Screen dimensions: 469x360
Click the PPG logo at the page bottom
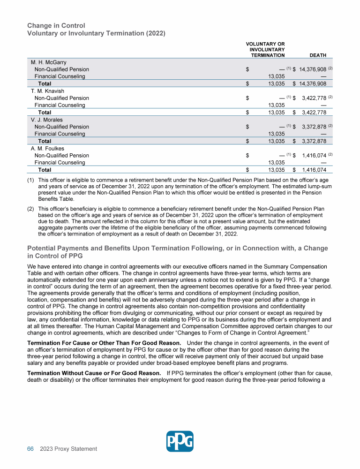180,441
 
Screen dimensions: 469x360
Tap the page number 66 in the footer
30,449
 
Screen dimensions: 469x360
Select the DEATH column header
318,55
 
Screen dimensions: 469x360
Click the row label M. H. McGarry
49,62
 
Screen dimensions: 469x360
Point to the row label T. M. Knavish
47,91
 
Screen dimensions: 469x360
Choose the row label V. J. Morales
47,120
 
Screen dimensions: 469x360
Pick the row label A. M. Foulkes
48,149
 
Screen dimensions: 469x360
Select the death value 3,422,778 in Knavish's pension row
314,98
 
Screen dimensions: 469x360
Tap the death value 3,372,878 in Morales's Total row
314,141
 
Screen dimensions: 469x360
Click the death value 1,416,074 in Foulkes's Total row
314,170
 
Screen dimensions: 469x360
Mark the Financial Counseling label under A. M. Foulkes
60,163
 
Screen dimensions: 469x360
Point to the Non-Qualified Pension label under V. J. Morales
62,127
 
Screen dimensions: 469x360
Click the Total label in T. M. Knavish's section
45,113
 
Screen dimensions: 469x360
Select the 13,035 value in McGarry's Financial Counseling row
276,76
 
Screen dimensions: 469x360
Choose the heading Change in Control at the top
56,25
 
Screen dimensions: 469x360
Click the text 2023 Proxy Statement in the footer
68,449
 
